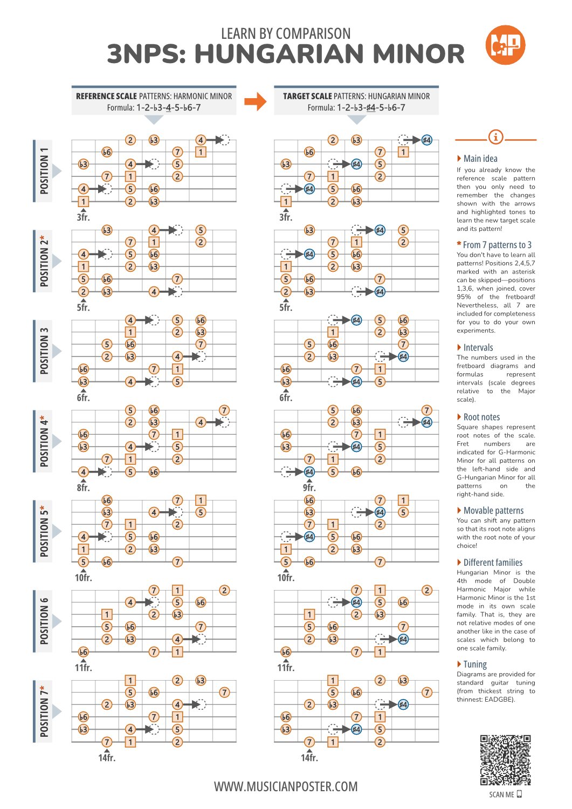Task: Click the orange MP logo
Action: coord(505,45)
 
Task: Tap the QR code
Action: coord(505,760)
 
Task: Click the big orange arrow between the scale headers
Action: coord(255,101)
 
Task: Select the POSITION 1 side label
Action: coord(44,171)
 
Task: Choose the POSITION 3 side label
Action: coord(44,351)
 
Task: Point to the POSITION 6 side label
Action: coord(44,621)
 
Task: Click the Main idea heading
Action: coord(480,159)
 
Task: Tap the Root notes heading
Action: coord(481,417)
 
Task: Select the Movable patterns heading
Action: coord(493,511)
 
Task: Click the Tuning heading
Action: coord(474,664)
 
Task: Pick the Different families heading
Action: coord(492,563)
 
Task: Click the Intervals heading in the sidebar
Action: coord(478,348)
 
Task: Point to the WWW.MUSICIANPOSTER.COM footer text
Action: coord(286,786)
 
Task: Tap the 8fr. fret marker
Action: coord(83,488)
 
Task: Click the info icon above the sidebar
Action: coord(495,137)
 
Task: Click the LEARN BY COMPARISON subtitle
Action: coord(286,33)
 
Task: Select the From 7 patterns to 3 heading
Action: coord(497,245)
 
